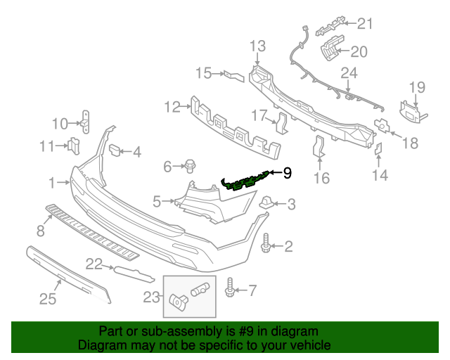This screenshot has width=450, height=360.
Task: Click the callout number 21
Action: (x=364, y=24)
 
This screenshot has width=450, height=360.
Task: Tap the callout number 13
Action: (x=257, y=46)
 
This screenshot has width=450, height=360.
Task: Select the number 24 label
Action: (x=349, y=72)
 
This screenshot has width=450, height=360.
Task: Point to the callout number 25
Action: (x=47, y=300)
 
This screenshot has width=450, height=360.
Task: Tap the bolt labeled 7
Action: (x=231, y=288)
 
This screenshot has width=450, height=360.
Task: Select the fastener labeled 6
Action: (x=190, y=167)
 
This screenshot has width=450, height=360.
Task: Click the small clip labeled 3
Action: (x=267, y=203)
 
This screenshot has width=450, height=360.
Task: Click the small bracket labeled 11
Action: (x=72, y=146)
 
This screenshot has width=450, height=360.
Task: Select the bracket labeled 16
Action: (x=318, y=148)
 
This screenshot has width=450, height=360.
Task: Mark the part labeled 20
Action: (x=330, y=52)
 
